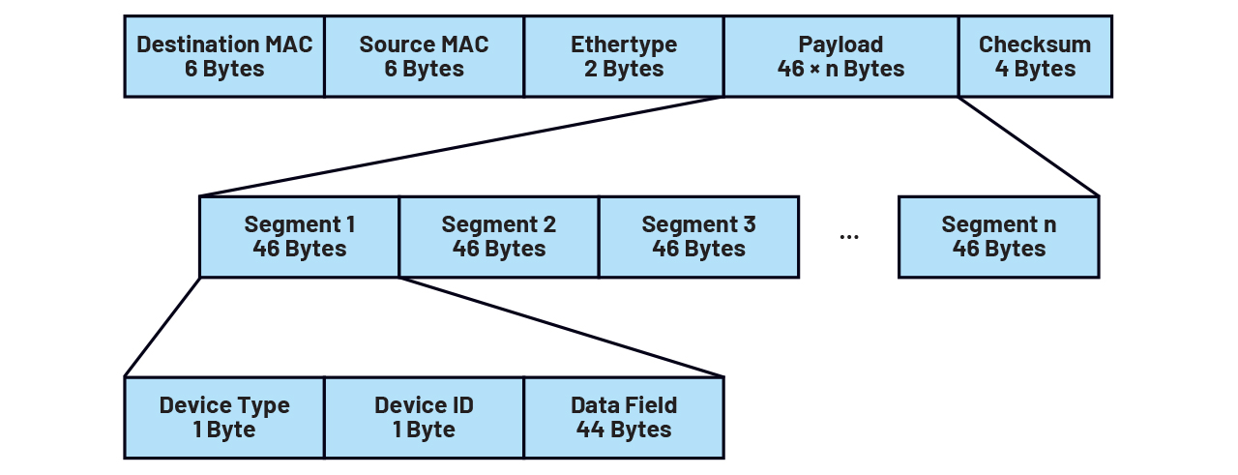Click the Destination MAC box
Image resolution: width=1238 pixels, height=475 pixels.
[x=224, y=56]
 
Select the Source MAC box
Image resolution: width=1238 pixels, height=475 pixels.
[x=424, y=56]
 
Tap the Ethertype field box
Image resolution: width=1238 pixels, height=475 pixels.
[x=624, y=56]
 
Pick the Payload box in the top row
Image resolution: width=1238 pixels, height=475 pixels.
[x=840, y=56]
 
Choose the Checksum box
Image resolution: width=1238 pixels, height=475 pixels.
[x=1035, y=56]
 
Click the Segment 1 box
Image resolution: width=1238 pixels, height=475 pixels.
[x=299, y=237]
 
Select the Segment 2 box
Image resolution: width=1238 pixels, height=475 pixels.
[x=499, y=237]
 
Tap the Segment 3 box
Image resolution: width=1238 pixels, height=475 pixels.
[x=698, y=237]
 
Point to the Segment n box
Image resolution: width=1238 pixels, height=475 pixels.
[x=999, y=237]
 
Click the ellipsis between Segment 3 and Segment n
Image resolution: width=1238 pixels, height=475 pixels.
[x=849, y=237]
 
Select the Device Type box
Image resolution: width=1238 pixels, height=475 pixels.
[x=224, y=417]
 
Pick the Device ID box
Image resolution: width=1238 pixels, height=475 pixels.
[x=424, y=417]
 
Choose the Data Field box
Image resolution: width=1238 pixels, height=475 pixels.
[x=624, y=417]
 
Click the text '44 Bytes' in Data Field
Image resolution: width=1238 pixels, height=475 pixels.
[x=624, y=430]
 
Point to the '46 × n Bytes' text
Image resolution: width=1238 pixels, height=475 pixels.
[x=840, y=69]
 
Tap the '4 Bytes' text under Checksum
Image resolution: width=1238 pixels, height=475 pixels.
[x=1035, y=69]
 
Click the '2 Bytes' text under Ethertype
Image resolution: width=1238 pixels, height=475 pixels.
[x=624, y=69]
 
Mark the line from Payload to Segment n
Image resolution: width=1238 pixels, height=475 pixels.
[x=1028, y=146]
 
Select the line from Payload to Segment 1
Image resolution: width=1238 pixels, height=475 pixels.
[x=461, y=146]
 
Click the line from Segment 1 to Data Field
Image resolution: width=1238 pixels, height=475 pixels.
[x=561, y=327]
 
